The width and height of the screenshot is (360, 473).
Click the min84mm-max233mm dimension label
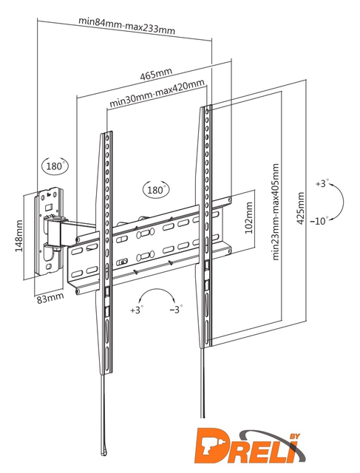[x=126, y=25]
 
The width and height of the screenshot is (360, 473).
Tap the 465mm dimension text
[x=156, y=74]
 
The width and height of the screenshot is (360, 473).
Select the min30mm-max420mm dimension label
[x=157, y=93]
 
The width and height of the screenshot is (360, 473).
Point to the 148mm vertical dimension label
[x=18, y=236]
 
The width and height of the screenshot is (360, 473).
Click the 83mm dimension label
[x=50, y=299]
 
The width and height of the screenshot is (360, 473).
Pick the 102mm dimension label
[x=248, y=218]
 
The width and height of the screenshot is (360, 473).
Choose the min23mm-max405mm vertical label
[x=276, y=212]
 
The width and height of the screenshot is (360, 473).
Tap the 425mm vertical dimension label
[x=301, y=208]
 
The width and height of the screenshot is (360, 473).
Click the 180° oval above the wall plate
[x=55, y=166]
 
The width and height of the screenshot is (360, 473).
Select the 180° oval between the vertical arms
[x=156, y=190]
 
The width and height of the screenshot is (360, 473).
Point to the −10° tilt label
[x=319, y=221]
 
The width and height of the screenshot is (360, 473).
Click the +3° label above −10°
[x=322, y=183]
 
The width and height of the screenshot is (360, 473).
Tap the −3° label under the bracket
[x=176, y=310]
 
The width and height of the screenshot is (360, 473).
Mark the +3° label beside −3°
[x=137, y=310]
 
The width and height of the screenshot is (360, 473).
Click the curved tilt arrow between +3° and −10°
[x=343, y=200]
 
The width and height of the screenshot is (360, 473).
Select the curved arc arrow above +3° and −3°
[x=156, y=289]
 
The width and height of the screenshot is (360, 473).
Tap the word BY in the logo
[x=293, y=436]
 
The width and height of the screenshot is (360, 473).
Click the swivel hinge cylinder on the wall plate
[x=53, y=231]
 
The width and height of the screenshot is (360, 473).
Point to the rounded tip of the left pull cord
[x=103, y=452]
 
